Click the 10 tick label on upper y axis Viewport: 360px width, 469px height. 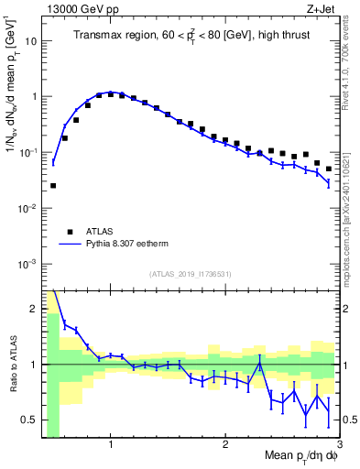click(31, 40)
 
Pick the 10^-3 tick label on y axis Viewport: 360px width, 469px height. click(27, 264)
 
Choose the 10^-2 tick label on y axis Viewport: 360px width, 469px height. click(27, 208)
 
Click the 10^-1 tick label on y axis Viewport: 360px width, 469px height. click(27, 152)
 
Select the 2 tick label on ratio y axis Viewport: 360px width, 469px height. click(33, 308)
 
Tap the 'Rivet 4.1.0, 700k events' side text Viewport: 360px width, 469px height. click(351, 64)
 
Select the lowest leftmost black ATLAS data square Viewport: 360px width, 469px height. click(52, 186)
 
